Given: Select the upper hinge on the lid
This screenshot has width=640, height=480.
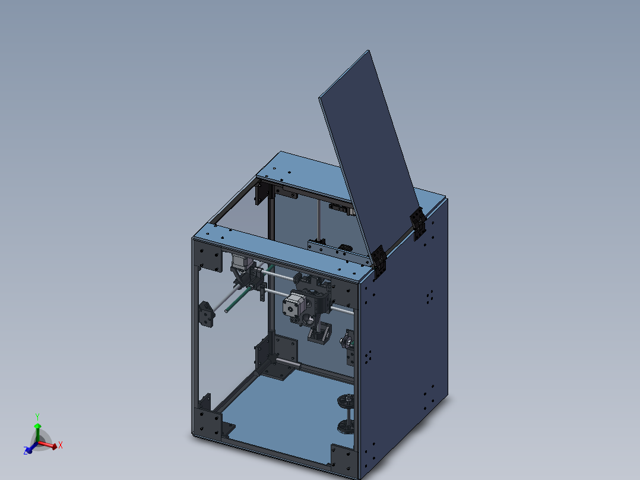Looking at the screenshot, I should [x=418, y=223].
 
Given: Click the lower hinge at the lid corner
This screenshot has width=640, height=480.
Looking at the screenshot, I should [x=379, y=262].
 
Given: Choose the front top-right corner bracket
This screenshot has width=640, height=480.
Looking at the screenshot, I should [x=343, y=292].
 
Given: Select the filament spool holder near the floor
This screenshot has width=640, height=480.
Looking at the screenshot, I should [x=347, y=413].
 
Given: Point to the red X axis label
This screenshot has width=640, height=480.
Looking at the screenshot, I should [x=61, y=444].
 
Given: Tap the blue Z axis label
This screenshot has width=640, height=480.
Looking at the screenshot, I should [x=27, y=451].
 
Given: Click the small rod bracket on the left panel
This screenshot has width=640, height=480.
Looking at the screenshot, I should [x=207, y=314].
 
